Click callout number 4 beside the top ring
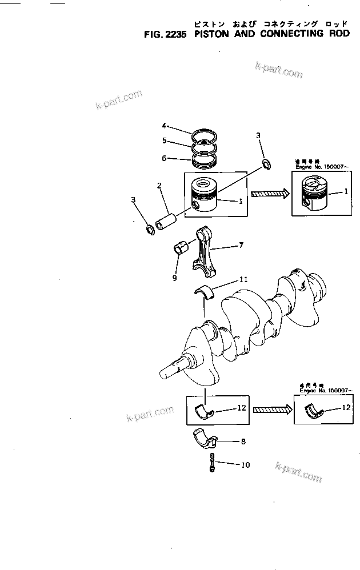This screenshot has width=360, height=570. pos(163,126)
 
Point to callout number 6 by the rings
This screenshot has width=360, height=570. pos(163,158)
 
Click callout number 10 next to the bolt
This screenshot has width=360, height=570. pos(245,465)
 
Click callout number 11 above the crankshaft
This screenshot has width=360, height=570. pos(243,279)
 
